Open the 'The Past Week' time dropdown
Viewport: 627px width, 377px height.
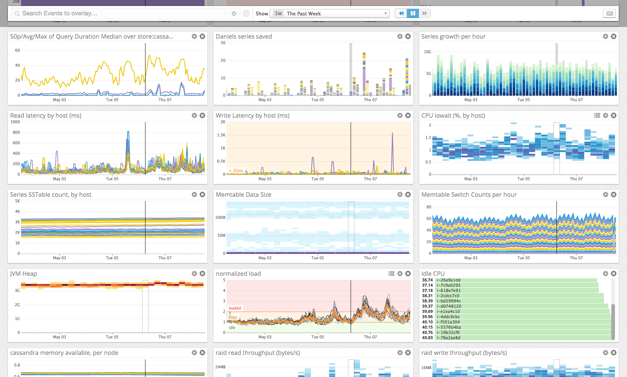tap(330, 13)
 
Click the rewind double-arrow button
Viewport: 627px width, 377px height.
tap(401, 13)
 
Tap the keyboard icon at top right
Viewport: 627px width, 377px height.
tap(609, 13)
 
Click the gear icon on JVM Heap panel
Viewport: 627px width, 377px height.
tap(194, 274)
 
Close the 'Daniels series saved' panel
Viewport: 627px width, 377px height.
tap(408, 36)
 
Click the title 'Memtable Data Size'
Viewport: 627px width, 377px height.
tap(243, 194)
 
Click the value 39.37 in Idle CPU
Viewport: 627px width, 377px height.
tap(427, 306)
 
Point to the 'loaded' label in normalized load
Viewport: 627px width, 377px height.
tap(235, 308)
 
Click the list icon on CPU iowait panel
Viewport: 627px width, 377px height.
tap(597, 115)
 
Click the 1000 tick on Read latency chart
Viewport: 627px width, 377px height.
tap(15, 122)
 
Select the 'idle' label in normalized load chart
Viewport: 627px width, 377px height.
tap(232, 328)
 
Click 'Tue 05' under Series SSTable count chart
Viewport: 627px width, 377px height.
tap(112, 258)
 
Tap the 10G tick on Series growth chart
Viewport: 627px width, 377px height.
tap(427, 52)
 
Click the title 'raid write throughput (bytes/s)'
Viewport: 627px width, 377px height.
tap(464, 353)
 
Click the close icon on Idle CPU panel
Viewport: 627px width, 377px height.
tap(613, 274)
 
